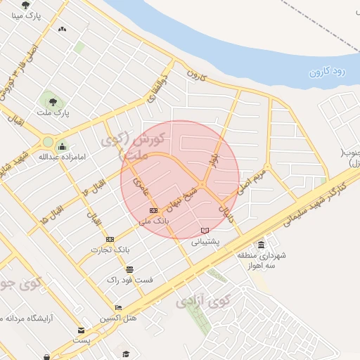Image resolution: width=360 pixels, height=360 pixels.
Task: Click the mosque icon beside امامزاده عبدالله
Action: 62,147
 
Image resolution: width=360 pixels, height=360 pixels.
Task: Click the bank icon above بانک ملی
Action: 153,210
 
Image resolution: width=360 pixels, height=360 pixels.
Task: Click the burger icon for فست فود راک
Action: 129,269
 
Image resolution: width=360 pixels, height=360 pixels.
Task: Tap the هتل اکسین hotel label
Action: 117,318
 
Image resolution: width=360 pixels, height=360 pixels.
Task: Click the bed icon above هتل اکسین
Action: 118,307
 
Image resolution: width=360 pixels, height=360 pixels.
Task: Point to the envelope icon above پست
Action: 82,330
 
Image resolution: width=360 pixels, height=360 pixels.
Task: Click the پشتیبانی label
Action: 206,240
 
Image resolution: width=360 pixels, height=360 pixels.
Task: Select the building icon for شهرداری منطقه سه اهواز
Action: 262,244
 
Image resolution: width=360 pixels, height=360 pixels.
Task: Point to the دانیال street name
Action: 224,208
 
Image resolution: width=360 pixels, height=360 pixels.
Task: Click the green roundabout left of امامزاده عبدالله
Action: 48,141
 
